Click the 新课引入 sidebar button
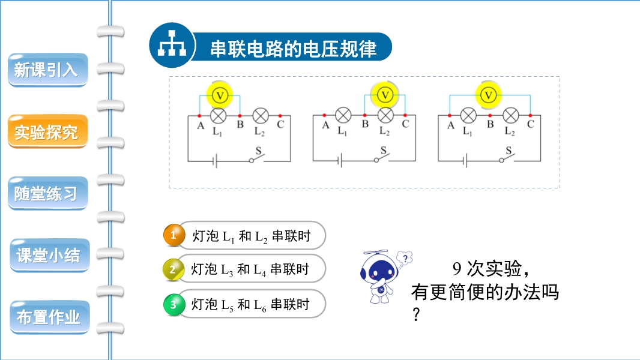(x=46, y=70)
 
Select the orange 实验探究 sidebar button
(x=46, y=132)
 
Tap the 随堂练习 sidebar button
(x=46, y=194)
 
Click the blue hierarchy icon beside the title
(x=172, y=45)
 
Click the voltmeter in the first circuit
(x=220, y=94)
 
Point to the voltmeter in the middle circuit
(x=385, y=94)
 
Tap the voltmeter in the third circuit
(x=489, y=94)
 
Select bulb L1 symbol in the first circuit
(x=219, y=115)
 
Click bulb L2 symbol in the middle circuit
(x=385, y=115)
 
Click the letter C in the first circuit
(x=280, y=125)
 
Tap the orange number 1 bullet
(x=174, y=236)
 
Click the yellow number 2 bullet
(x=173, y=269)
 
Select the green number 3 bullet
(x=174, y=305)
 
